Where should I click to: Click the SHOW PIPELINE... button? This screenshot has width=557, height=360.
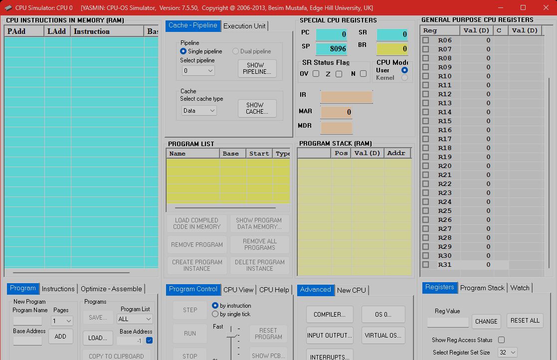[x=257, y=68]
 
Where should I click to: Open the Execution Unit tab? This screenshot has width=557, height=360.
[x=244, y=26]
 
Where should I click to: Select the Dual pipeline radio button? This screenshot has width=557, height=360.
[x=236, y=51]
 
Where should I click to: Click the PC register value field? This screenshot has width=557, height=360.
[x=331, y=34]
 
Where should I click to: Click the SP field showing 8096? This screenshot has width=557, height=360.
[x=331, y=49]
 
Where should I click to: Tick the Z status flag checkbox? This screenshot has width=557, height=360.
[x=339, y=74]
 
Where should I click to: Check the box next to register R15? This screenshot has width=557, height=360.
[x=426, y=121]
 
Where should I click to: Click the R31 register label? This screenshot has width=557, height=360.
[x=444, y=265]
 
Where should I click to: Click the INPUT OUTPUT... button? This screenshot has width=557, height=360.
[x=330, y=335]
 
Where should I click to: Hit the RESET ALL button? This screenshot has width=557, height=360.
[x=525, y=321]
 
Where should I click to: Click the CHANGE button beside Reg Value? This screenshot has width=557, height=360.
[x=486, y=322]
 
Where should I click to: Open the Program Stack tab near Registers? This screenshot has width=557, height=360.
[x=482, y=288]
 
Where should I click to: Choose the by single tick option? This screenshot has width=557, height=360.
[x=215, y=314]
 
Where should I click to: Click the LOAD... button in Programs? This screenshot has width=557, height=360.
[x=98, y=338]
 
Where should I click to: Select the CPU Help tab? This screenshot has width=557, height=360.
[x=274, y=290]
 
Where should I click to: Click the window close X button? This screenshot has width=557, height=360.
[x=546, y=7]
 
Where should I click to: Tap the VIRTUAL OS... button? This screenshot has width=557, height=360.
[x=383, y=335]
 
